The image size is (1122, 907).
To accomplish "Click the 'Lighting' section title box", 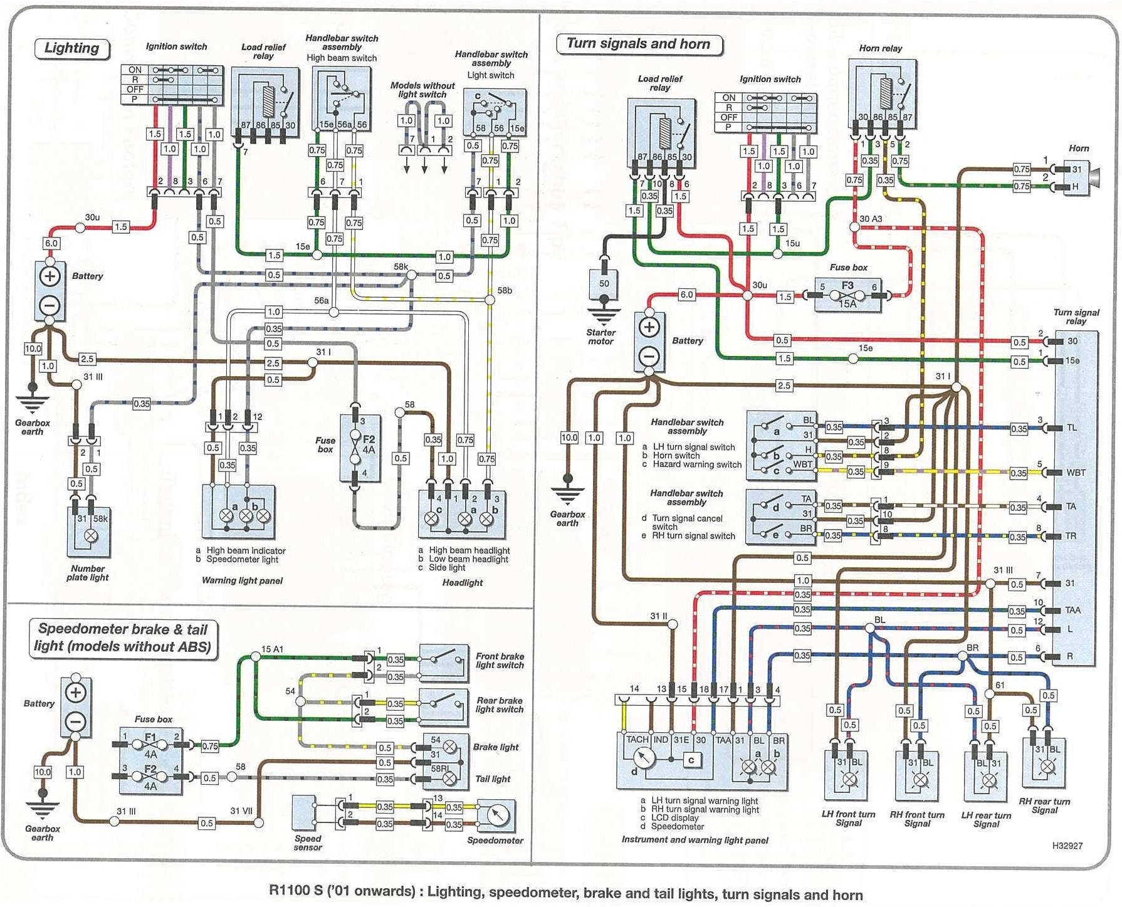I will tap(71, 48).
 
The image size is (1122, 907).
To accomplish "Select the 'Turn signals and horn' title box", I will tap(638, 44).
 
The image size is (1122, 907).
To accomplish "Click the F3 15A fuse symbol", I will tap(847, 295).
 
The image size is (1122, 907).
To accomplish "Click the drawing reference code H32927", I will tap(1067, 846).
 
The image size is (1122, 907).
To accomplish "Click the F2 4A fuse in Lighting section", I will tap(360, 448).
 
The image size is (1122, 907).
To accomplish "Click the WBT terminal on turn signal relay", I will tap(1076, 473).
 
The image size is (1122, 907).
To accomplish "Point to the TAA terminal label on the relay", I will tap(1072, 610).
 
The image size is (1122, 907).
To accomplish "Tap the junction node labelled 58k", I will tap(411, 275).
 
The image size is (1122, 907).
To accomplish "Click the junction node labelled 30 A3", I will tap(854, 227).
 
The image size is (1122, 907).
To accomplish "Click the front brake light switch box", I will tap(444, 663).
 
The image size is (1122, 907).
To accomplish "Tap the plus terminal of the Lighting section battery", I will tap(50, 276).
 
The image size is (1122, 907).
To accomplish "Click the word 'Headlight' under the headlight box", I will tap(463, 583).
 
